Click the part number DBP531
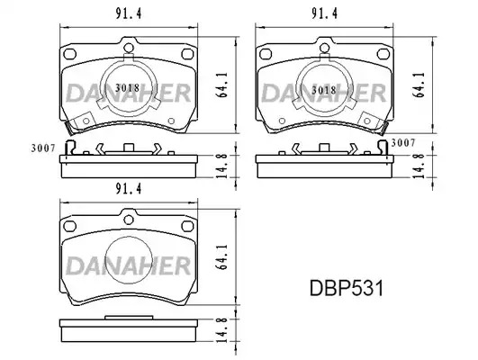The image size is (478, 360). click(347, 288)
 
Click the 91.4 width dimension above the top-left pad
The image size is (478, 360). click(129, 13)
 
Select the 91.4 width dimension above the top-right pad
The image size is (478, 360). click(324, 13)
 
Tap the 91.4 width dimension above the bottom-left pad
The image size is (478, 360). click(129, 189)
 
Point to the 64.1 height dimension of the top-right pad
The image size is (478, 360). click(419, 85)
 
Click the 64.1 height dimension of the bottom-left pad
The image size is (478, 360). click(223, 257)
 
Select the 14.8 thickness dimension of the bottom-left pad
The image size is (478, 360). click(223, 329)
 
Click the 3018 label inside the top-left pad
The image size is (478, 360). click(128, 88)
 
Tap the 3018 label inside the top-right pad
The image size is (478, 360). click(324, 90)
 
